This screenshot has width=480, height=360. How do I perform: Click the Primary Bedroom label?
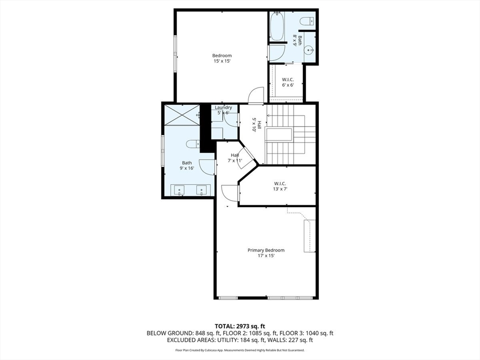[x=266, y=250]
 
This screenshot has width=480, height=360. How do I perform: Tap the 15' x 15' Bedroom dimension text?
[x=222, y=61]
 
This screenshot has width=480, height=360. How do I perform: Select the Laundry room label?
[x=223, y=107]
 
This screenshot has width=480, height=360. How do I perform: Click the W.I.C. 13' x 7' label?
[x=280, y=186]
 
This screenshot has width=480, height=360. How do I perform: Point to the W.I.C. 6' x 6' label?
[x=288, y=82]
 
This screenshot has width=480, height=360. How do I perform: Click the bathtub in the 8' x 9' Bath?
[x=277, y=26]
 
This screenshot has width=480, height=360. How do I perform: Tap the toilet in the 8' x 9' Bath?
[x=307, y=21]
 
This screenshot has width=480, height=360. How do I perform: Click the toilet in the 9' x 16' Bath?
[x=193, y=144]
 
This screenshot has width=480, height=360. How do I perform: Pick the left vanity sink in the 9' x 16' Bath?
[x=179, y=190]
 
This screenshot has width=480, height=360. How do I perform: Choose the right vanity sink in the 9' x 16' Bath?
[x=202, y=190]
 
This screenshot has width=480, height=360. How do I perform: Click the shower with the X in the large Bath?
[x=182, y=115]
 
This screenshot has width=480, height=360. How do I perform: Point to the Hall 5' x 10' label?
[x=256, y=125]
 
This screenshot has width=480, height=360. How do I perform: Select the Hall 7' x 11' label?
[x=235, y=157]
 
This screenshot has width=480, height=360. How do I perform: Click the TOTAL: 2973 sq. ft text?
[x=240, y=326]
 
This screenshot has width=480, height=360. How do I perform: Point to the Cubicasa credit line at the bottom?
[x=240, y=350]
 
